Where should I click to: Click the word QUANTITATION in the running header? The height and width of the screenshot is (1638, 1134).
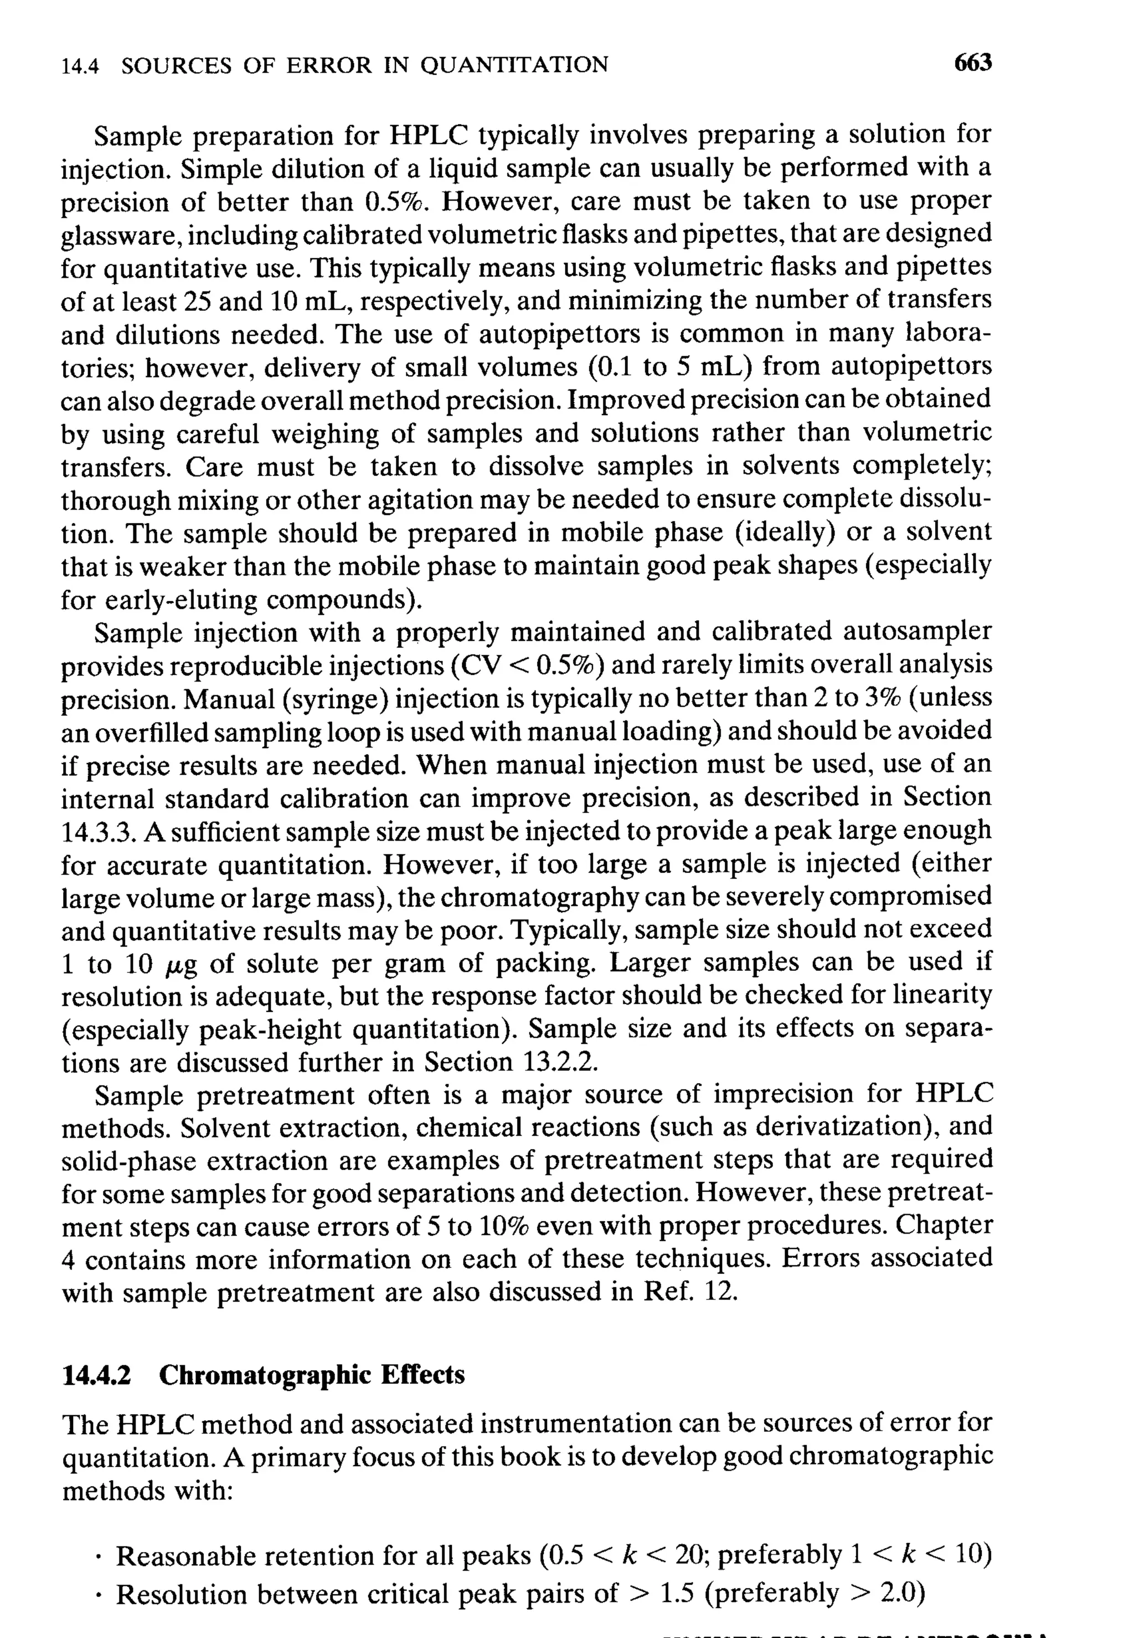tap(514, 65)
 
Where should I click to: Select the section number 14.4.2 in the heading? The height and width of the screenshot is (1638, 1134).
tap(97, 1375)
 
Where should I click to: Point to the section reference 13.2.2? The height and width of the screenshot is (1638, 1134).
tap(559, 1062)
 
